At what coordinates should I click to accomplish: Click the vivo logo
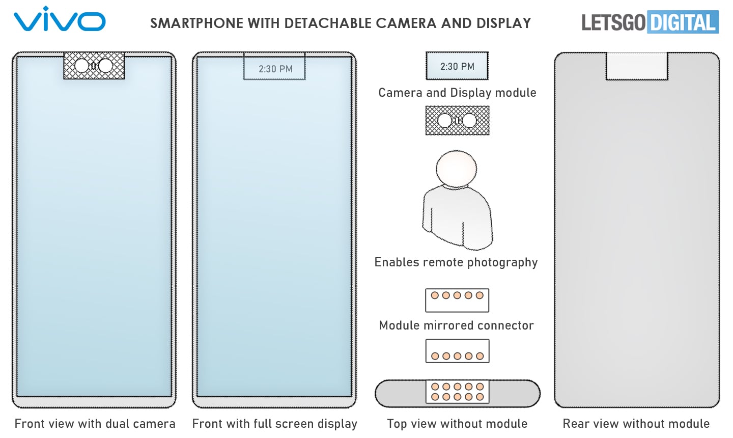[x=59, y=20]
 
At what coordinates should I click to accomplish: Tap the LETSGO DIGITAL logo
[x=650, y=22]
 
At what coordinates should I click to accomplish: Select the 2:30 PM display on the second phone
[x=275, y=68]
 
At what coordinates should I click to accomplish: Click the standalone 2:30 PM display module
[x=457, y=66]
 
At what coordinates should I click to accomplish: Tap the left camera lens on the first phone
[x=82, y=66]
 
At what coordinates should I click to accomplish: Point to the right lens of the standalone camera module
[x=469, y=121]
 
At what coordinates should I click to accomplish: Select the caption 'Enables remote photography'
[x=456, y=262]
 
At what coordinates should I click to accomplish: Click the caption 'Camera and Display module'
[x=457, y=93]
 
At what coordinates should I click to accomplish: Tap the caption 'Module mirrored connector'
[x=456, y=325]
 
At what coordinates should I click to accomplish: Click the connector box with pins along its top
[x=457, y=300]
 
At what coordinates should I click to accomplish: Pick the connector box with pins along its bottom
[x=457, y=351]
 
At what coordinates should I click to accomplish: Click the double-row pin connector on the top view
[x=457, y=392]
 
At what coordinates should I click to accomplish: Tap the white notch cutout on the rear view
[x=636, y=66]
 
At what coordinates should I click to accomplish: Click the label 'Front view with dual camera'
[x=95, y=424]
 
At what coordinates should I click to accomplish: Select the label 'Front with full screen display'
[x=274, y=424]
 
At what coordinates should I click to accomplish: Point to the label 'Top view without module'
[x=457, y=424]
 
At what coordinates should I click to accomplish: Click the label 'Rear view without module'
[x=636, y=424]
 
